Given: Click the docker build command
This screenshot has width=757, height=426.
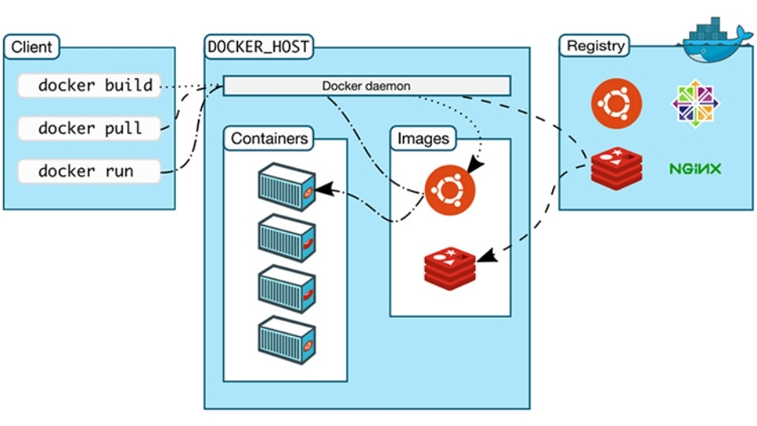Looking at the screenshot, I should click(88, 85).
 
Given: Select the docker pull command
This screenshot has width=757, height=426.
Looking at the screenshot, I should click(88, 128).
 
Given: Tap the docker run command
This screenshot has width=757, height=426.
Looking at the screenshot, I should click(88, 171).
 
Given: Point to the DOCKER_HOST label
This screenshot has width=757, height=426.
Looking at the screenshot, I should click(258, 47).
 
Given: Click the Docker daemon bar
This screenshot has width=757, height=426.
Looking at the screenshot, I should click(367, 85).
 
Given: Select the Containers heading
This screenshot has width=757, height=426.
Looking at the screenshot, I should click(268, 139).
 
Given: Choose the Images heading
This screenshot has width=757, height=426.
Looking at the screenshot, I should click(423, 139).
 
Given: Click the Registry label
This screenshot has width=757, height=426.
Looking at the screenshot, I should click(595, 46).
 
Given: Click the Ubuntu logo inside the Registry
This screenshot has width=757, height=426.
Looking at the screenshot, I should click(617, 103).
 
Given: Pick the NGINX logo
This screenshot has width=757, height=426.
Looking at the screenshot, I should click(695, 169).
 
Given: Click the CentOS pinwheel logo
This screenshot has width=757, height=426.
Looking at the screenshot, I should click(695, 103).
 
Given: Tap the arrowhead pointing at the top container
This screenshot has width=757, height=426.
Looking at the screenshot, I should click(324, 190).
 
